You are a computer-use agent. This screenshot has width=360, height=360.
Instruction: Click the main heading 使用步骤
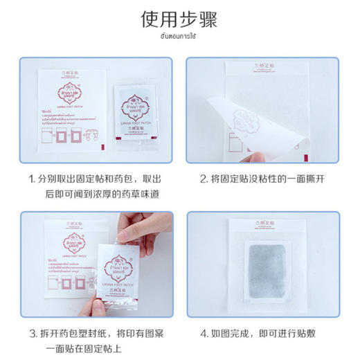(x=179, y=19)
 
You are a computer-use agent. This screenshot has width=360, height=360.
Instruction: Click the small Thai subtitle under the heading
(x=179, y=36)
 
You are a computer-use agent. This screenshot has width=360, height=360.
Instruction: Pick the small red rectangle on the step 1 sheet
(x=101, y=147)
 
